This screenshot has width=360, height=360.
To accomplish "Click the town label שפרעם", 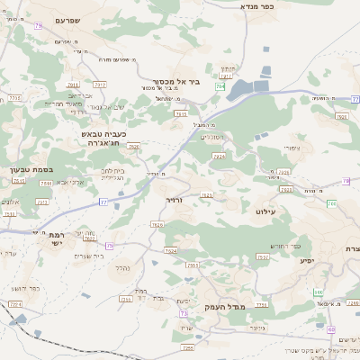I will coord(67,20).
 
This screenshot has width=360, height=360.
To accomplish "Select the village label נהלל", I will coord(123,267).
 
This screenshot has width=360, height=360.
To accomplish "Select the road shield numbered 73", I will coord(184,314).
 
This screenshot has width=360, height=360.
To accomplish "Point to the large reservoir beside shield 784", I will coord(248,88).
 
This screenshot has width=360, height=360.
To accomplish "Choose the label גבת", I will coord(158,297).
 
